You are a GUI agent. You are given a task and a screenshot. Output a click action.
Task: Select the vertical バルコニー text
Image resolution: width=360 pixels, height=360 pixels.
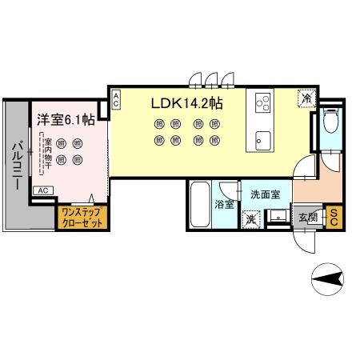[x=15, y=165]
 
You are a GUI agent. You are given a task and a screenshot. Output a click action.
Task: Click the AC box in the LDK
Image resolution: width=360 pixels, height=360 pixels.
[x=116, y=100]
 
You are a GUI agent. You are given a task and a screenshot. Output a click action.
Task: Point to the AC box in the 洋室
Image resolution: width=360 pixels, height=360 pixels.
[x=45, y=190]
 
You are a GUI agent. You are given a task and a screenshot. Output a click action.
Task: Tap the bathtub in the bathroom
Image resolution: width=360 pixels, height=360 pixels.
[x=201, y=206]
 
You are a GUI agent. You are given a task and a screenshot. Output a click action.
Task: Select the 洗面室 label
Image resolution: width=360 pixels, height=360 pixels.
[x=266, y=194]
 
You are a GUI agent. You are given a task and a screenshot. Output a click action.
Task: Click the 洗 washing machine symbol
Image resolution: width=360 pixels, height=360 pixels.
[x=251, y=219]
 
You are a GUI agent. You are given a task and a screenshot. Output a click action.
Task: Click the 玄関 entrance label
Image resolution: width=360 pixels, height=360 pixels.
[x=308, y=217]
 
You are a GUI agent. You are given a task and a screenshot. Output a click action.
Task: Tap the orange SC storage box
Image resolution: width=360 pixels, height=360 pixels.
[x=334, y=217]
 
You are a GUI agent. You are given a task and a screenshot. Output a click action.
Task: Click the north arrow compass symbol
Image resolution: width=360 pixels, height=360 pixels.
[x=328, y=279]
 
